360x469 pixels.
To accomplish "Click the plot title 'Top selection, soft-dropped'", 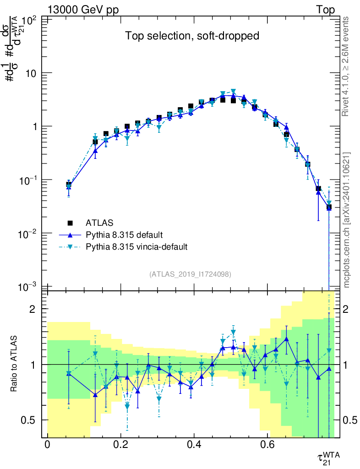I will (x=193, y=36).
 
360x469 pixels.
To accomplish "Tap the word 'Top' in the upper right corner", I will (x=325, y=10).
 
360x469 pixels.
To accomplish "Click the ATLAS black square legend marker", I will (x=70, y=223).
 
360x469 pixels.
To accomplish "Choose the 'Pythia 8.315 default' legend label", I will (x=125, y=235).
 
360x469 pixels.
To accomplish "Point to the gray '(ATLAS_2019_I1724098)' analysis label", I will (x=190, y=274).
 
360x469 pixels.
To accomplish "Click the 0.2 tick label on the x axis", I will (x=120, y=444).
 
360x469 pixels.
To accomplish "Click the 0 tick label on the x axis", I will (x=47, y=444).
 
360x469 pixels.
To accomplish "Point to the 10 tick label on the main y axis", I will (x=33, y=73).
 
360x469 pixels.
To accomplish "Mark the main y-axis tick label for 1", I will (x=35, y=127).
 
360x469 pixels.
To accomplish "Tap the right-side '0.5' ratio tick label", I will (x=350, y=420).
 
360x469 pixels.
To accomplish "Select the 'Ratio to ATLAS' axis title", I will (x=14, y=364).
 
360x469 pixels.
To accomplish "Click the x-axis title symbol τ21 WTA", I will (x=328, y=458).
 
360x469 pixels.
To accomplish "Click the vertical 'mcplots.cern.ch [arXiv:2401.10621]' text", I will (x=347, y=220).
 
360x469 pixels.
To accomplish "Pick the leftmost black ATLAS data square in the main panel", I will (x=69, y=185).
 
